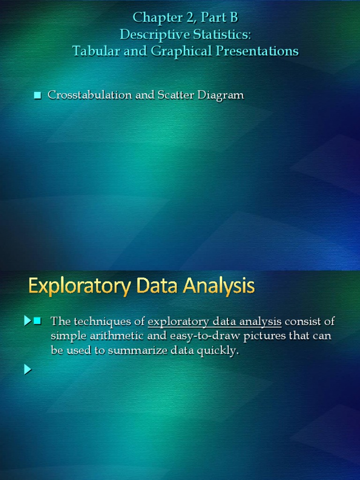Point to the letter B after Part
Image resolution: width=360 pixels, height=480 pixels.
(233, 18)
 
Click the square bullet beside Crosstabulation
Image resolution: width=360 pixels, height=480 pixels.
(38, 96)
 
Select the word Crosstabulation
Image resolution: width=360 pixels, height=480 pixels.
(90, 95)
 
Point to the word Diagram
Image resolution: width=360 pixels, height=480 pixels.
(221, 95)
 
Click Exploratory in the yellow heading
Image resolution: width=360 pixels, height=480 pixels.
(78, 286)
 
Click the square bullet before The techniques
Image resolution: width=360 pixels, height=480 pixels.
(38, 321)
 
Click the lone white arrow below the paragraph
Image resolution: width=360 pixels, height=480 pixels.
(28, 370)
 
